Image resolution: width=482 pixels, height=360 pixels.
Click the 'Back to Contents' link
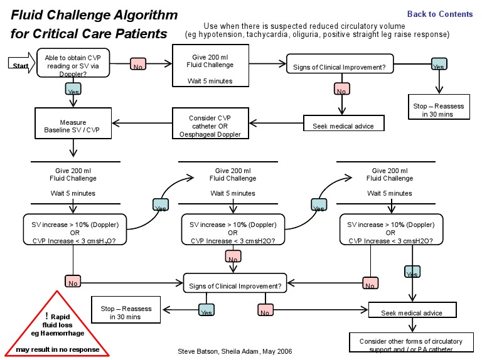pyautogui.click(x=440, y=14)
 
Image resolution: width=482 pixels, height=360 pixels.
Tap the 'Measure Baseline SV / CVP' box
pyautogui.click(x=73, y=125)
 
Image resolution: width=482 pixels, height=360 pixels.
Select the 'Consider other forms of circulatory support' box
pyautogui.click(x=412, y=344)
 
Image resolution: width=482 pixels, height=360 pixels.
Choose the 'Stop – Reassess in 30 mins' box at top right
pyautogui.click(x=439, y=110)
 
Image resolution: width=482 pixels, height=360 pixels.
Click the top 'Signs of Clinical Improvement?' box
pyautogui.click(x=340, y=64)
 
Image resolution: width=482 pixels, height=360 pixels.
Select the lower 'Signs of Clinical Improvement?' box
pyautogui.click(x=235, y=286)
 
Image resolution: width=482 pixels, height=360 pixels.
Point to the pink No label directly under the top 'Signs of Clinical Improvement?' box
pyautogui.click(x=341, y=90)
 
